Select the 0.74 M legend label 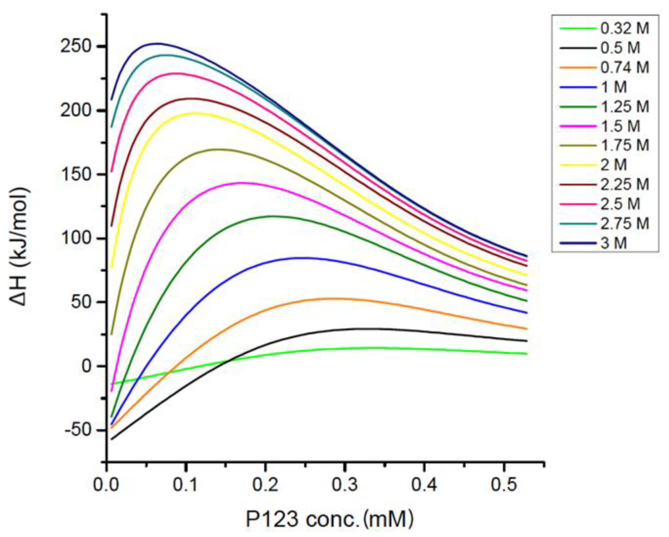pyautogui.click(x=625, y=68)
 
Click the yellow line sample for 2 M pyautogui.click(x=578, y=165)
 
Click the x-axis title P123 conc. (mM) pyautogui.click(x=330, y=519)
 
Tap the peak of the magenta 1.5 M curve pyautogui.click(x=242, y=183)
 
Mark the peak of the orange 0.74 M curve pyautogui.click(x=335, y=298)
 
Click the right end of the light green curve pyautogui.click(x=527, y=353)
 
